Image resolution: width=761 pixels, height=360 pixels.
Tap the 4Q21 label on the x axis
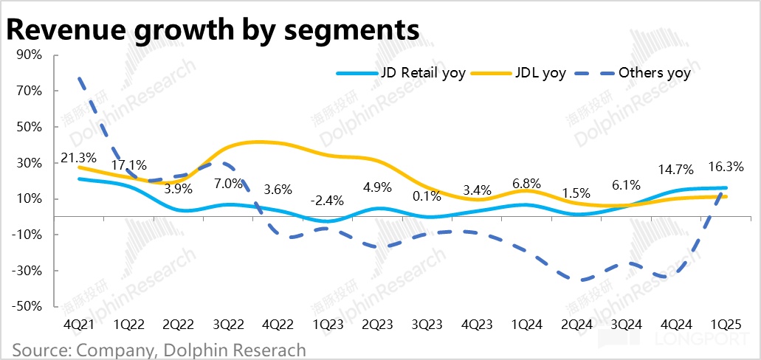78,325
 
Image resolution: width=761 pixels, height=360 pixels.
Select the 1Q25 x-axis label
726,325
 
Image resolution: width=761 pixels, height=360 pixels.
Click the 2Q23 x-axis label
377,325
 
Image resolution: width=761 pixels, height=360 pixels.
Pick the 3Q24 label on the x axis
627,325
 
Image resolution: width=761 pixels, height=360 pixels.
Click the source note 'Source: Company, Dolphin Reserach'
159,349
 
